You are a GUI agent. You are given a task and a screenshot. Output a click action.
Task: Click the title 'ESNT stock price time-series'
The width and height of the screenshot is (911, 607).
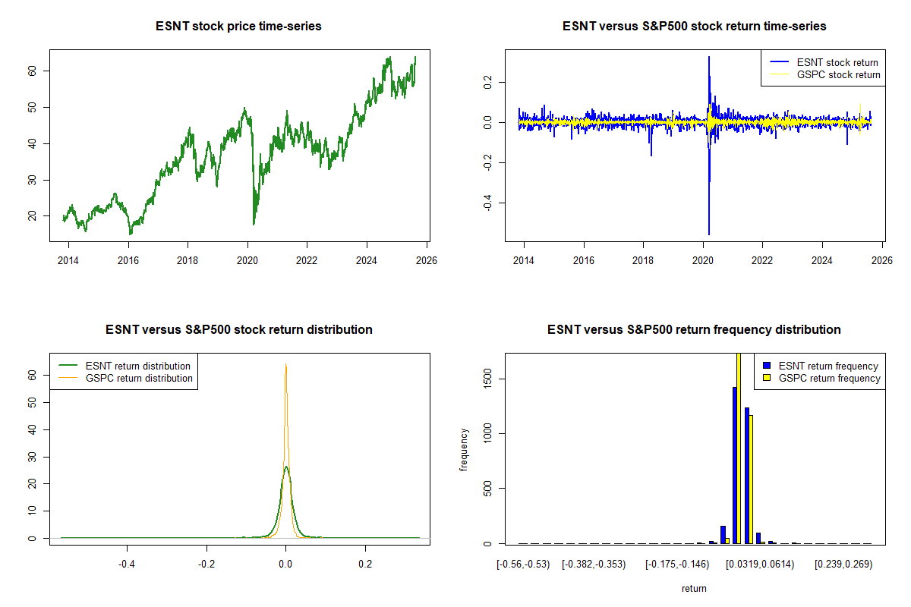[238, 27]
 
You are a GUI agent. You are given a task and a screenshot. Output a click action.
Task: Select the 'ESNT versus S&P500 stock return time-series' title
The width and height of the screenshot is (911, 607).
[694, 27]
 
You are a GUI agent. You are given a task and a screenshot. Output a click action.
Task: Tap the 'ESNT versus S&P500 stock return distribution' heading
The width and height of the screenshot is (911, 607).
[238, 330]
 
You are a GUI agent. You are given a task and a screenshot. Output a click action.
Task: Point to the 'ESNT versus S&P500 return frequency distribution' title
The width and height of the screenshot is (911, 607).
[694, 330]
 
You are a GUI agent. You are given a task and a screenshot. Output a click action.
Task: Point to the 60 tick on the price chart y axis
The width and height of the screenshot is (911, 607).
[44, 71]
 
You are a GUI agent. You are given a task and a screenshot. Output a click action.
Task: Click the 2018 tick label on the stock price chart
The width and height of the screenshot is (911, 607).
[188, 259]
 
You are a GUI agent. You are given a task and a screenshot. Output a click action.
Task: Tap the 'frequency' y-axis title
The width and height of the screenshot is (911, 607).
[464, 450]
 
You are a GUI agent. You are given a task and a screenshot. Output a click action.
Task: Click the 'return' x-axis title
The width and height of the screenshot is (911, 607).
[694, 588]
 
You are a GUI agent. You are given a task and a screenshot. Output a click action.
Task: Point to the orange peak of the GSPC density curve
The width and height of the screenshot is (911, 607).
[285, 365]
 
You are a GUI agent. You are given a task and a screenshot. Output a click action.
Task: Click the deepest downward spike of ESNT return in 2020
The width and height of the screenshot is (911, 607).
[708, 234]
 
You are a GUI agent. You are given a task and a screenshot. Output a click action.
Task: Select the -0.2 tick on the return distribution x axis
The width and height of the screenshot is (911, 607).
[206, 565]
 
